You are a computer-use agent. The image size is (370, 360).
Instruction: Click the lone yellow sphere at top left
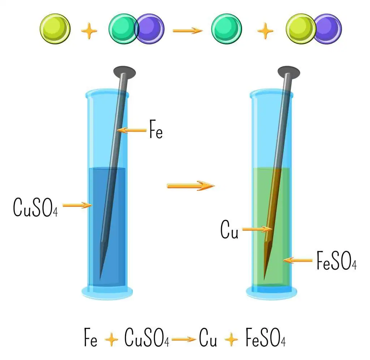click(55, 29)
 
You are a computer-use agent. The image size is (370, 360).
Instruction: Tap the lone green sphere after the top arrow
click(227, 29)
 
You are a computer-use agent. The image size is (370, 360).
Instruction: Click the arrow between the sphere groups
click(188, 30)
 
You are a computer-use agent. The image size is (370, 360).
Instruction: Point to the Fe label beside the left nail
click(156, 129)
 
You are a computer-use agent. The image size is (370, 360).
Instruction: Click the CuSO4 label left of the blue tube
click(35, 207)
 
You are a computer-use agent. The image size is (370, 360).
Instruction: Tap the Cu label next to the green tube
click(229, 229)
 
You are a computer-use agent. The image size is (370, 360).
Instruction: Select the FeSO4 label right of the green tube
click(336, 260)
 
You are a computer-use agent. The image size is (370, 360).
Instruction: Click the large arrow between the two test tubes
click(191, 186)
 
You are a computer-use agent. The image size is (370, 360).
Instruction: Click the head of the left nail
click(125, 72)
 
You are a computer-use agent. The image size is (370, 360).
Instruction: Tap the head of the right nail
click(289, 72)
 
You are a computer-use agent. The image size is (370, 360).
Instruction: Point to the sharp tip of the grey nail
click(100, 280)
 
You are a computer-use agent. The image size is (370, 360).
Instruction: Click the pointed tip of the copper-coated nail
click(264, 280)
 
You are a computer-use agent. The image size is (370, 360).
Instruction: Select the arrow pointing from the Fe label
click(132, 130)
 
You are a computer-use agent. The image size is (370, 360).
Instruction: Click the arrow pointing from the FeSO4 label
click(298, 260)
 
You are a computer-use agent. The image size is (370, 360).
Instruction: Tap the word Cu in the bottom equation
click(208, 338)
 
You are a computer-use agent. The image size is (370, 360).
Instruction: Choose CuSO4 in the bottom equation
click(147, 338)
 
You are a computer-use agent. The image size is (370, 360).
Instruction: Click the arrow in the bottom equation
click(184, 340)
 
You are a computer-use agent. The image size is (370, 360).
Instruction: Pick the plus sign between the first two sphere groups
click(89, 31)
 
